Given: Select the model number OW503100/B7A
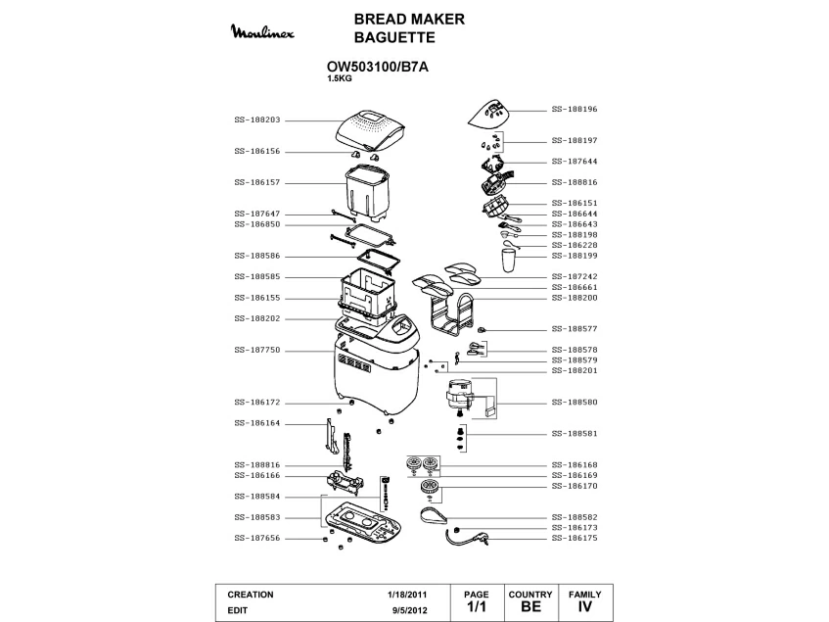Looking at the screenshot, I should (x=377, y=67).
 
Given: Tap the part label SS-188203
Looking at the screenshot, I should (x=257, y=120).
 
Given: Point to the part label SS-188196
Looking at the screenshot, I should (x=575, y=110).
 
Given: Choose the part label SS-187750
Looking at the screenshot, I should (x=257, y=350).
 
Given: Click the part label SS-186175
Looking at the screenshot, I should (x=575, y=538).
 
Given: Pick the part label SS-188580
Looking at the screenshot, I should (x=575, y=403).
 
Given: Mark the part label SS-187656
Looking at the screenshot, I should (x=257, y=538).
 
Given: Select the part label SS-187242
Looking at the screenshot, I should (x=575, y=276).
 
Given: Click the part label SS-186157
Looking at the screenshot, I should (x=257, y=182).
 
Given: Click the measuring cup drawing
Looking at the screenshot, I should (x=508, y=261).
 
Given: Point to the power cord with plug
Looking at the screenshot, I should (x=468, y=535).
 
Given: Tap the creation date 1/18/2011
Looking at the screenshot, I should (x=407, y=595).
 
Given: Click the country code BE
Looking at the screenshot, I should (x=530, y=607).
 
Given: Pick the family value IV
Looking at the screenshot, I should (x=585, y=607).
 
